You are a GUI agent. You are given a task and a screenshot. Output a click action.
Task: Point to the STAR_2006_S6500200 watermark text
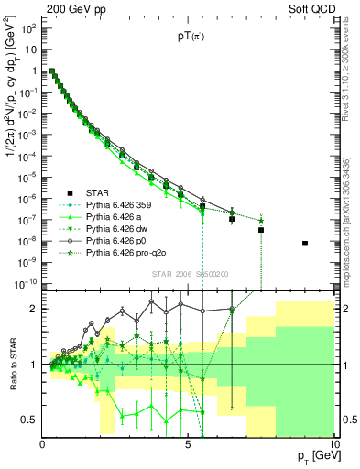coord(189,273)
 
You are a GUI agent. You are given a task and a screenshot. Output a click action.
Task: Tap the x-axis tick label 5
coord(188,444)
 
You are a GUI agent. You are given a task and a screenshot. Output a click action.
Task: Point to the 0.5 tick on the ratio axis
coord(28,420)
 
